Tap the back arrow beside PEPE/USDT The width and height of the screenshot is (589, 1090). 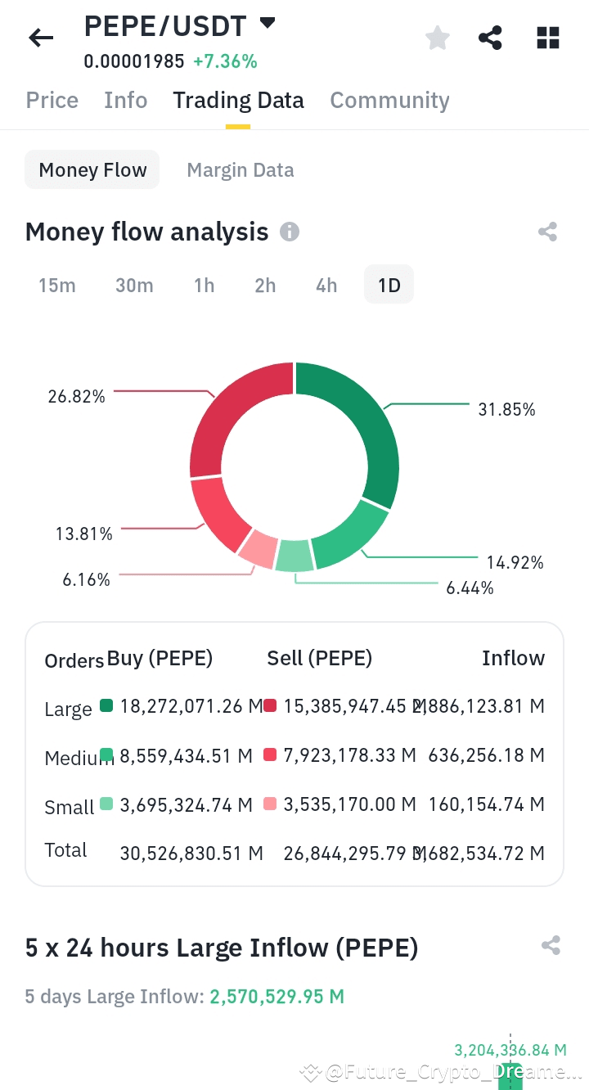coord(41,37)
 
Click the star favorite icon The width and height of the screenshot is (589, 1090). coord(438,38)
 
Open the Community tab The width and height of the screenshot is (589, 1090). coord(389,100)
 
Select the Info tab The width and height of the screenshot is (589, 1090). coord(126,100)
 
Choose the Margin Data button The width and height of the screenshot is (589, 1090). coord(241,170)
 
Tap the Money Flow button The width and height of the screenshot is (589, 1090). coord(92,170)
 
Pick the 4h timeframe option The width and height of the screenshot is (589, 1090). coord(326,285)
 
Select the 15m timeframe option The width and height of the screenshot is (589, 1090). coord(57,285)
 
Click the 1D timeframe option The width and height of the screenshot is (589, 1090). coord(389,285)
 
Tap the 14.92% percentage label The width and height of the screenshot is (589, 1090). coord(515,562)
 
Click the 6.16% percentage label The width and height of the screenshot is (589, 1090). coord(86,579)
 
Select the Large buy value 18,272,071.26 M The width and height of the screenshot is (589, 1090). coord(191,705)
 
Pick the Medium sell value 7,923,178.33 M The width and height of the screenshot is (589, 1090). coord(350,754)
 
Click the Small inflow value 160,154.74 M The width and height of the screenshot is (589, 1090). coord(486,804)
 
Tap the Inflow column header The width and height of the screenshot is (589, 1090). coord(513,658)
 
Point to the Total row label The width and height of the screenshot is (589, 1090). coord(65,850)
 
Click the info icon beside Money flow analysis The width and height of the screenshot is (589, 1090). coord(290,232)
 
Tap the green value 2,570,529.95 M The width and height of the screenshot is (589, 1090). coord(277,997)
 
